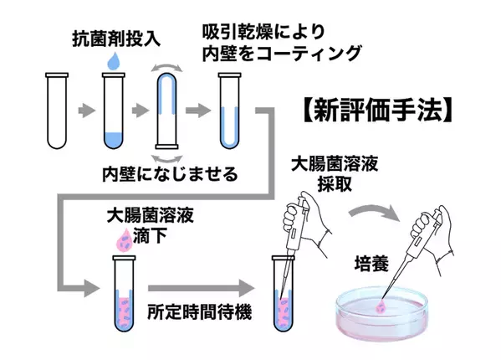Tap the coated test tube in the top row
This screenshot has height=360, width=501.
point(228,110)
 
